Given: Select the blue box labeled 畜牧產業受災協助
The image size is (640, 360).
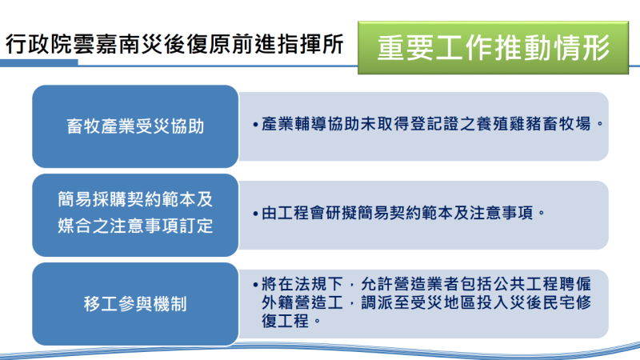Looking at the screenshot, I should [135, 126].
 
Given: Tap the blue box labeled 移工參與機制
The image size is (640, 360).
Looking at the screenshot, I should [135, 304].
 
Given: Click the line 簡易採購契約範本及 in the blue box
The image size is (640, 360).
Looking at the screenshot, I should [135, 198].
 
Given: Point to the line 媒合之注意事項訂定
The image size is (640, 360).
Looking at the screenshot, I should [135, 226].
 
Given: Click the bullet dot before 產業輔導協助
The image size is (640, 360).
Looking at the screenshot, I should [254, 126].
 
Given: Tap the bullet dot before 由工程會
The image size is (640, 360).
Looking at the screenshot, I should [254, 214].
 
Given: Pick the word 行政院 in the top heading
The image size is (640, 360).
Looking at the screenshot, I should [30, 45].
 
